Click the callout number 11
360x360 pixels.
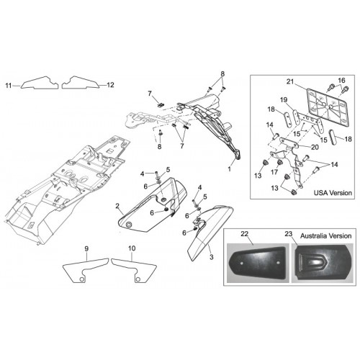pyautogui.click(x=9, y=85)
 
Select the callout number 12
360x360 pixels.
pyautogui.click(x=110, y=85)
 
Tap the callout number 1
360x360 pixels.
pyautogui.click(x=229, y=169)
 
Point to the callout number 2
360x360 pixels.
pyautogui.click(x=117, y=206)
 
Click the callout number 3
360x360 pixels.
pyautogui.click(x=211, y=257)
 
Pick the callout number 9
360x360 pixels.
pyautogui.click(x=86, y=248)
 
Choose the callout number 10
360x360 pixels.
pyautogui.click(x=132, y=248)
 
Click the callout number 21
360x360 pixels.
pyautogui.click(x=290, y=82)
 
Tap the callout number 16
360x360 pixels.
pyautogui.click(x=341, y=80)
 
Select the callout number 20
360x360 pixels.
pyautogui.click(x=315, y=147)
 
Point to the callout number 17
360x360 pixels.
pyautogui.click(x=274, y=172)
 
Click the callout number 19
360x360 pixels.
pyautogui.click(x=284, y=99)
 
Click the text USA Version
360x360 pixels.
pyautogui.click(x=333, y=193)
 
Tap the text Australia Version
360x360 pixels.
pyautogui.click(x=325, y=235)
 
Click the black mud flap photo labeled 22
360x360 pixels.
pyautogui.click(x=258, y=264)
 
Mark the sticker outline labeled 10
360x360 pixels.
pyautogui.click(x=135, y=269)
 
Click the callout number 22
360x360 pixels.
pyautogui.click(x=244, y=234)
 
